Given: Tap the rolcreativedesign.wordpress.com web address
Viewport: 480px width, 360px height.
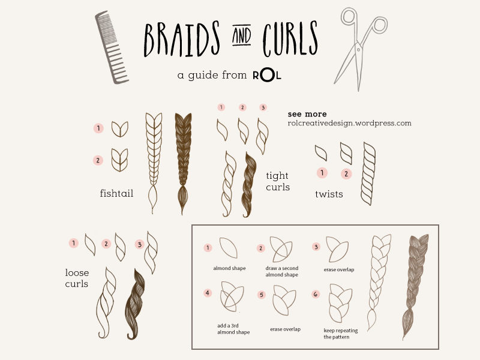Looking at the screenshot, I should click(349, 123).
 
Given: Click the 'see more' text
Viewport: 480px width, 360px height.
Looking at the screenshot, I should click(307, 114).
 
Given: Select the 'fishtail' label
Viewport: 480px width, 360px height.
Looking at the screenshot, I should click(116, 193).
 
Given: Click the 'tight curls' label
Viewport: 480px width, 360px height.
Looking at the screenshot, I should click(278, 181).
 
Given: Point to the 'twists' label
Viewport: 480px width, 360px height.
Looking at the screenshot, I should click(329, 194).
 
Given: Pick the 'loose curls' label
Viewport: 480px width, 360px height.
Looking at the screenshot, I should click(77, 278).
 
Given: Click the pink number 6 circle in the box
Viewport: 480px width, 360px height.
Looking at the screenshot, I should click(316, 294).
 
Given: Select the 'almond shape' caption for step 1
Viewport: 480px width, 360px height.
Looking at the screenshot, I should click(229, 268).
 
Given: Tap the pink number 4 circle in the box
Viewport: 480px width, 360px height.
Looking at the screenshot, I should click(208, 293).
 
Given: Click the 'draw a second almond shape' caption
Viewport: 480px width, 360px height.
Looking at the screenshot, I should click(282, 271).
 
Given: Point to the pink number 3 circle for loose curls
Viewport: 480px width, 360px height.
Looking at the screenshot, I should click(139, 244).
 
